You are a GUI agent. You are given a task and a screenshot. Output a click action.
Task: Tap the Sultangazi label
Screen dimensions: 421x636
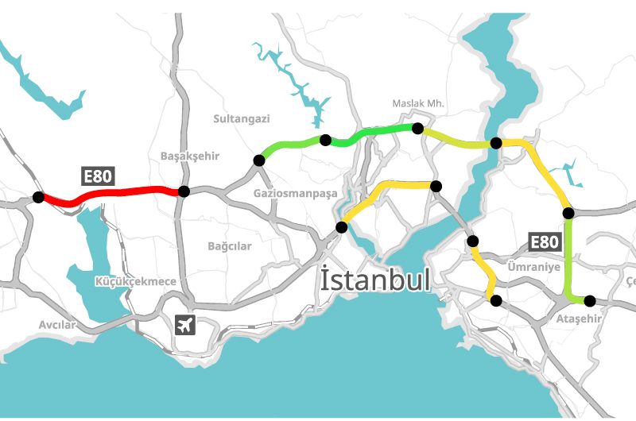coord(242,119)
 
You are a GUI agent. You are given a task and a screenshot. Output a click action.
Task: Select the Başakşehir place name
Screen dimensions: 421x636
coord(189,156)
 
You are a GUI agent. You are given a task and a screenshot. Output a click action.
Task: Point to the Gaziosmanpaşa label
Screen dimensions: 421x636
coord(295,193)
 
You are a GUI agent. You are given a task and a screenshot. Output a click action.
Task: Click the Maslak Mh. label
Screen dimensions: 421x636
coord(418,104)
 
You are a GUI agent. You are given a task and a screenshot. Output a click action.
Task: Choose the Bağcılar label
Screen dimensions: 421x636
coord(229,246)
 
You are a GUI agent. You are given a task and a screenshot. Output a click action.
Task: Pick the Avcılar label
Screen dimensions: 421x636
coord(57,325)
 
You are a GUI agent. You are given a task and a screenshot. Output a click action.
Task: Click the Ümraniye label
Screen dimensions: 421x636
coord(533,267)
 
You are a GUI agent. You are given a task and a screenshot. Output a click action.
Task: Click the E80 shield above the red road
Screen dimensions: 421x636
coord(97,176)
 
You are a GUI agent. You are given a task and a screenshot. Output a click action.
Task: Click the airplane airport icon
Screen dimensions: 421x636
coord(185,324)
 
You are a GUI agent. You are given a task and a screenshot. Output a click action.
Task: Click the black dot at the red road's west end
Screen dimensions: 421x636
coord(37,197)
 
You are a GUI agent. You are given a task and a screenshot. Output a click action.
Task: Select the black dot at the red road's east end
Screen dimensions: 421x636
coord(184,191)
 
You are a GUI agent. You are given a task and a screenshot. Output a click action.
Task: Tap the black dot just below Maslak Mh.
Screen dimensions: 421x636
coord(417,128)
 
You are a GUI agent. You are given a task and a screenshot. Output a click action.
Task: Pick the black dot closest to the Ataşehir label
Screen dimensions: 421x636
coord(589,300)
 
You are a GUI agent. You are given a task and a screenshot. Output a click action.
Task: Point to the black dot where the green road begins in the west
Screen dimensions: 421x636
coord(258,160)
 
